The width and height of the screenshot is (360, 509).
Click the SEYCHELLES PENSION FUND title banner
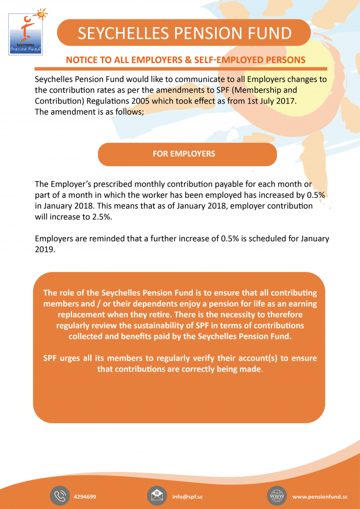click(x=184, y=33)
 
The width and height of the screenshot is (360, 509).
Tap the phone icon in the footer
click(x=59, y=496)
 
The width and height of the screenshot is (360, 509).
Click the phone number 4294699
click(x=85, y=496)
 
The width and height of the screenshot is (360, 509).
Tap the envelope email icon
click(x=157, y=496)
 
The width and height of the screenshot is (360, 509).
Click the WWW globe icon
click(x=277, y=496)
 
